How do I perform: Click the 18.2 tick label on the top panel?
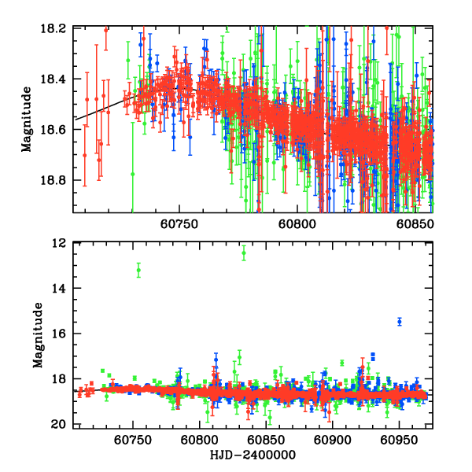click(x=57, y=28)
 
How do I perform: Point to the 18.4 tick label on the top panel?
click(x=57, y=79)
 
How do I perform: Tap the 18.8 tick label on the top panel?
click(x=57, y=179)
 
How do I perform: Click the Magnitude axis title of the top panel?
click(x=26, y=120)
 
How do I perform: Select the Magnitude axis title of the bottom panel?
click(x=37, y=334)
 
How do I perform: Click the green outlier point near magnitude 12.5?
click(x=244, y=253)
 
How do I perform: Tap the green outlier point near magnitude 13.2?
click(x=138, y=270)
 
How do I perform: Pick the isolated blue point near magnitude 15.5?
click(x=400, y=322)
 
